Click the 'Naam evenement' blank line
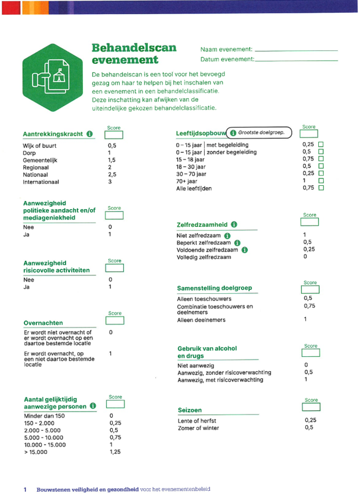296,50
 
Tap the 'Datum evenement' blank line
296,60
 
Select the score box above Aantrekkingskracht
115,135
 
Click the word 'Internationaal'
41,182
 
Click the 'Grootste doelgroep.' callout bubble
256,132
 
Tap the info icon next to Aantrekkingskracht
90,133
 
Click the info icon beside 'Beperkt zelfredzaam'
237,242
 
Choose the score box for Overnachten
115,320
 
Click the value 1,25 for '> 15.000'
115,452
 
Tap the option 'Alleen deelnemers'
201,320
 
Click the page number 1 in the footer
25,489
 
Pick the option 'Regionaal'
36,167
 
